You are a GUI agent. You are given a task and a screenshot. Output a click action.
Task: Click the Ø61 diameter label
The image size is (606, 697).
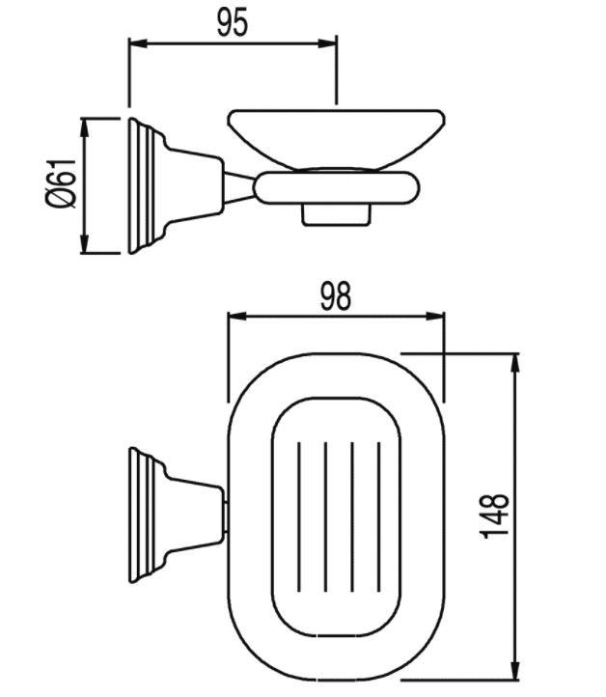[x=61, y=182]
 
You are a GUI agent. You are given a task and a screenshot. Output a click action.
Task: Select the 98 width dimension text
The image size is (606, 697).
[x=336, y=296]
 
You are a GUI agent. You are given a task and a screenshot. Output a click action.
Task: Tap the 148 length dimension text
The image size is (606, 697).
[x=495, y=516]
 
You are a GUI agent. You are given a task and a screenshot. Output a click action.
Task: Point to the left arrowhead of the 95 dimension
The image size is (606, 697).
[x=138, y=43]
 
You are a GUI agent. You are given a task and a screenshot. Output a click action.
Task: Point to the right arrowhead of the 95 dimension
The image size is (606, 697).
[x=327, y=43]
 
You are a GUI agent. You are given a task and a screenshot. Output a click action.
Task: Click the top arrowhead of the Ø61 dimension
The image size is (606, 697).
[x=84, y=127]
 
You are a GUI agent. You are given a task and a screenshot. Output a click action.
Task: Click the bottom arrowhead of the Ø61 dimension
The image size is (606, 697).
[x=84, y=244]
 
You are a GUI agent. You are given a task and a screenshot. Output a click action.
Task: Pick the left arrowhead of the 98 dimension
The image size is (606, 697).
[x=236, y=317]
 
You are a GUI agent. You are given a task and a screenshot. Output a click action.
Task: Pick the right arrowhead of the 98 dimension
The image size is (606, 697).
[x=435, y=317]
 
